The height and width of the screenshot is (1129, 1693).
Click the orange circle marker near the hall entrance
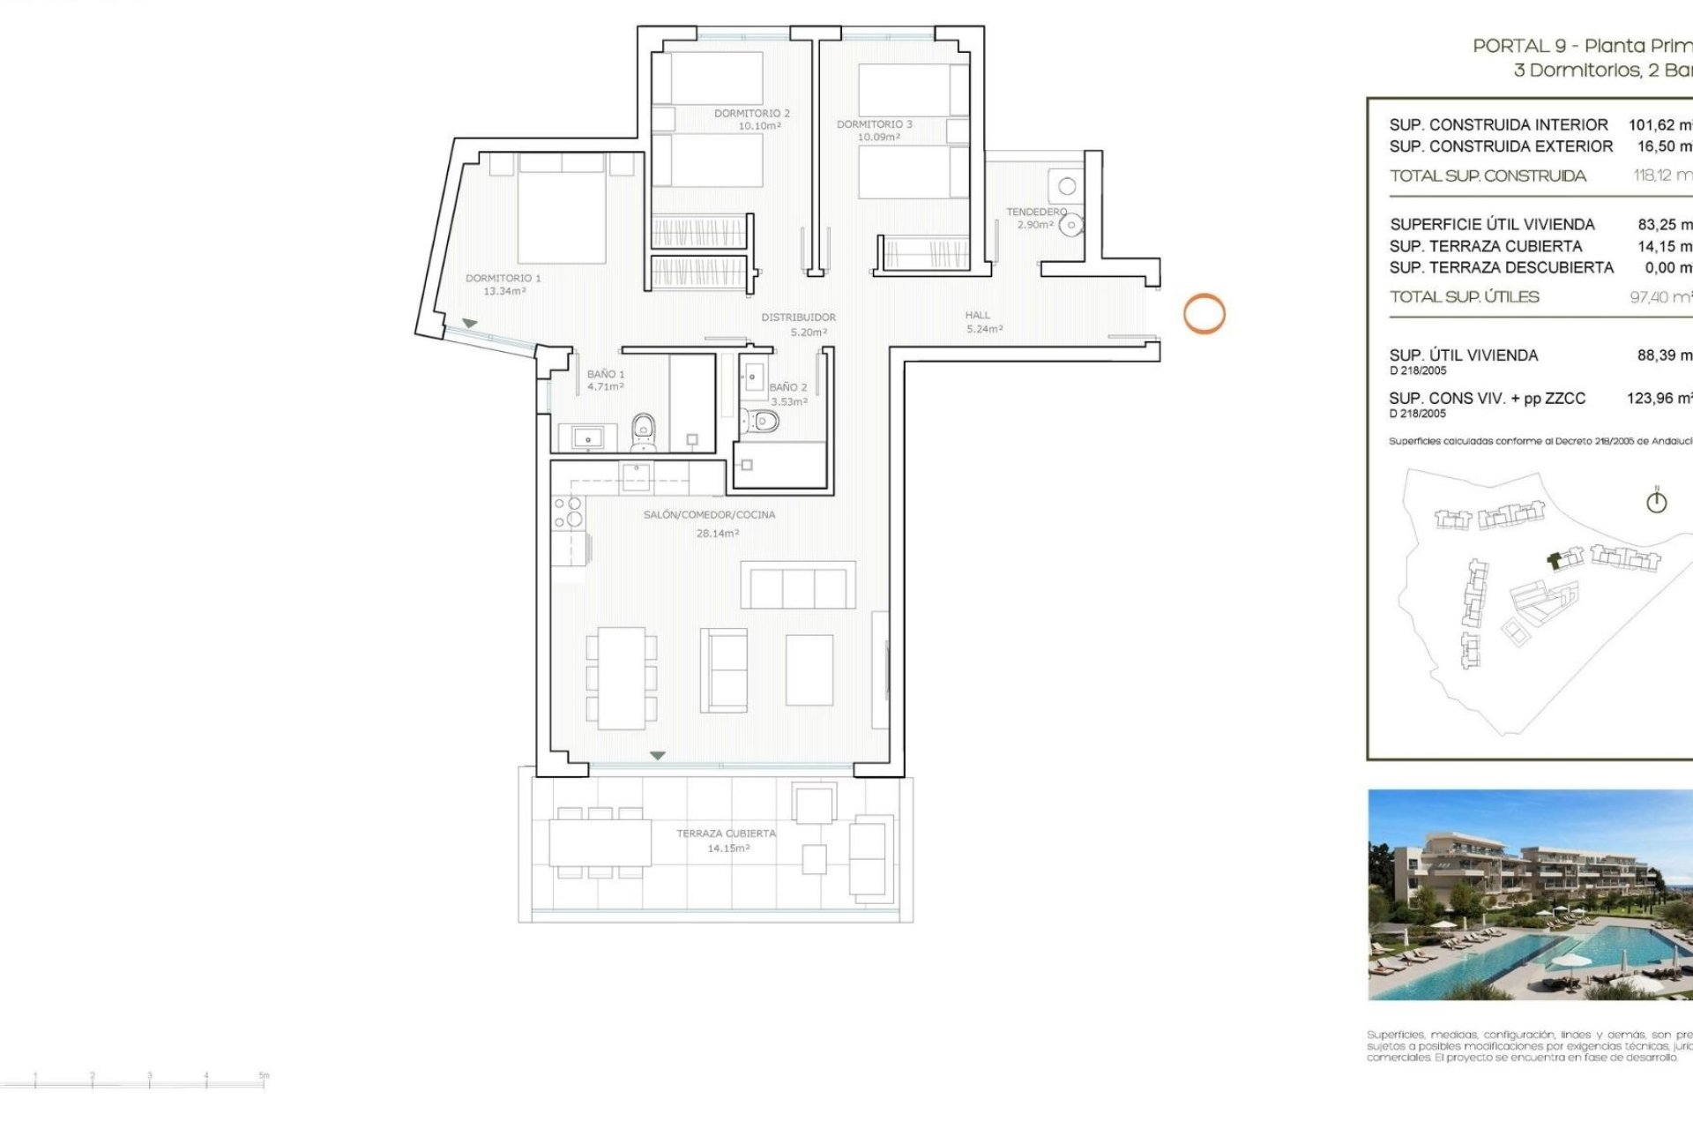[1204, 314]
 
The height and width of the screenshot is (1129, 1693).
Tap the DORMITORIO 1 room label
[503, 278]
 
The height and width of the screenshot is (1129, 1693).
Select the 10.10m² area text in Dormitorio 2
[759, 126]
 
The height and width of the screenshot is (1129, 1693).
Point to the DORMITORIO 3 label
[874, 124]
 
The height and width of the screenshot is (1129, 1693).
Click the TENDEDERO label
[1036, 212]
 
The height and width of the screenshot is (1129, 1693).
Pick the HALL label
[977, 315]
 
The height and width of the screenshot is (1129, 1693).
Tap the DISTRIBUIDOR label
[798, 317]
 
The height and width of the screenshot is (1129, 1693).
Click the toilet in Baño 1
[644, 431]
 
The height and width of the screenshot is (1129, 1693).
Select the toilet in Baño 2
[761, 422]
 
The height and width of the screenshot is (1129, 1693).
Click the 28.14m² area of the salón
[717, 534]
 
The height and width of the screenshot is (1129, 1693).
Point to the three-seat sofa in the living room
[797, 585]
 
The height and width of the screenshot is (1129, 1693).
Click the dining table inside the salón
[621, 677]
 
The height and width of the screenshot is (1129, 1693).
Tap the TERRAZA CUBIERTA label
[726, 834]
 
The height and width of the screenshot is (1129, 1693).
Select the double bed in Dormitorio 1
[561, 210]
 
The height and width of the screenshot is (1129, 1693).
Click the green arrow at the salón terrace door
[657, 756]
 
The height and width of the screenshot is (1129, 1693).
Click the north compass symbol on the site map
[1656, 501]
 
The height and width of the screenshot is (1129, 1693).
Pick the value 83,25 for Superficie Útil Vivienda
[1662, 225]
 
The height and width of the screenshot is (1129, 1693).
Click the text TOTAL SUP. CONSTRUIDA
[1488, 176]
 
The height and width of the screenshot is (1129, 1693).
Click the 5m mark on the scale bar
[263, 1078]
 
